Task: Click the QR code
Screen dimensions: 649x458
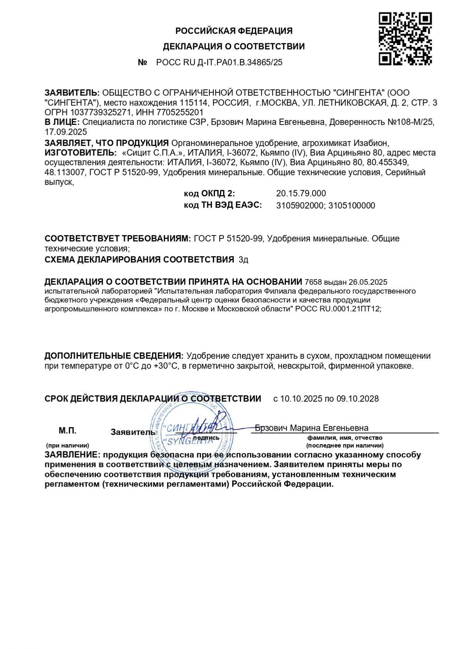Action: point(405,38)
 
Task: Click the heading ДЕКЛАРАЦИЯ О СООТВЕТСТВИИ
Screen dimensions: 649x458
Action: point(234,47)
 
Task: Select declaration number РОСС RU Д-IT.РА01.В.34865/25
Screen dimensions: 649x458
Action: point(219,62)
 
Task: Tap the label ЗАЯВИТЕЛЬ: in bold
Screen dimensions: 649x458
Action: point(72,93)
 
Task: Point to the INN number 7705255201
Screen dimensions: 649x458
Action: point(181,112)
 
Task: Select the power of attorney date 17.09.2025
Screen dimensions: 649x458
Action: point(66,132)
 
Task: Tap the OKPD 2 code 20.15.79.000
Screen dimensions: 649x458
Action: point(301,193)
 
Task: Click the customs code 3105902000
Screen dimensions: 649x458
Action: point(300,206)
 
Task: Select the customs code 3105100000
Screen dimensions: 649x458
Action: point(352,206)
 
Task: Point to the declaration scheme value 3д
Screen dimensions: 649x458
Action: point(243,260)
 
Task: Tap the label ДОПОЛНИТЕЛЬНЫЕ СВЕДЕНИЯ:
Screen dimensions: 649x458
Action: point(114,356)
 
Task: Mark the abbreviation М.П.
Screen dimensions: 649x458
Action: point(67,431)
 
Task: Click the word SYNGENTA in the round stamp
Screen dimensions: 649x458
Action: point(185,441)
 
